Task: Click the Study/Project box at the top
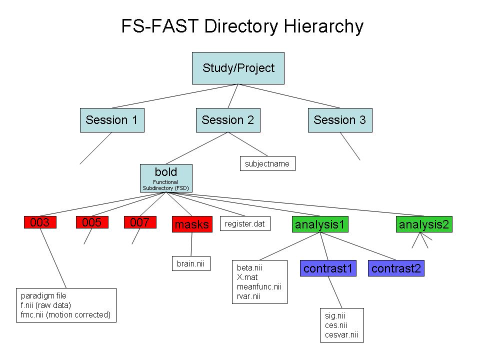pos(238,68)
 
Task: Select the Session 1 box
pos(112,120)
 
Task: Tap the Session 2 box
pos(228,120)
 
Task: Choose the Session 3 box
pos(340,120)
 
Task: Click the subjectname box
pos(267,163)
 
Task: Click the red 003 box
pos(40,222)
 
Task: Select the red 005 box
pos(92,222)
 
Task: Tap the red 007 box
pos(140,222)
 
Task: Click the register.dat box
pos(245,224)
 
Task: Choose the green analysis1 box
pos(320,224)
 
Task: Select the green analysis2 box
pos(424,224)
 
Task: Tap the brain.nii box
pos(190,263)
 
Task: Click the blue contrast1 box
pos(328,268)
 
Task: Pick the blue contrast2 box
pos(396,268)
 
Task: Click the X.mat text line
pos(247,277)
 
